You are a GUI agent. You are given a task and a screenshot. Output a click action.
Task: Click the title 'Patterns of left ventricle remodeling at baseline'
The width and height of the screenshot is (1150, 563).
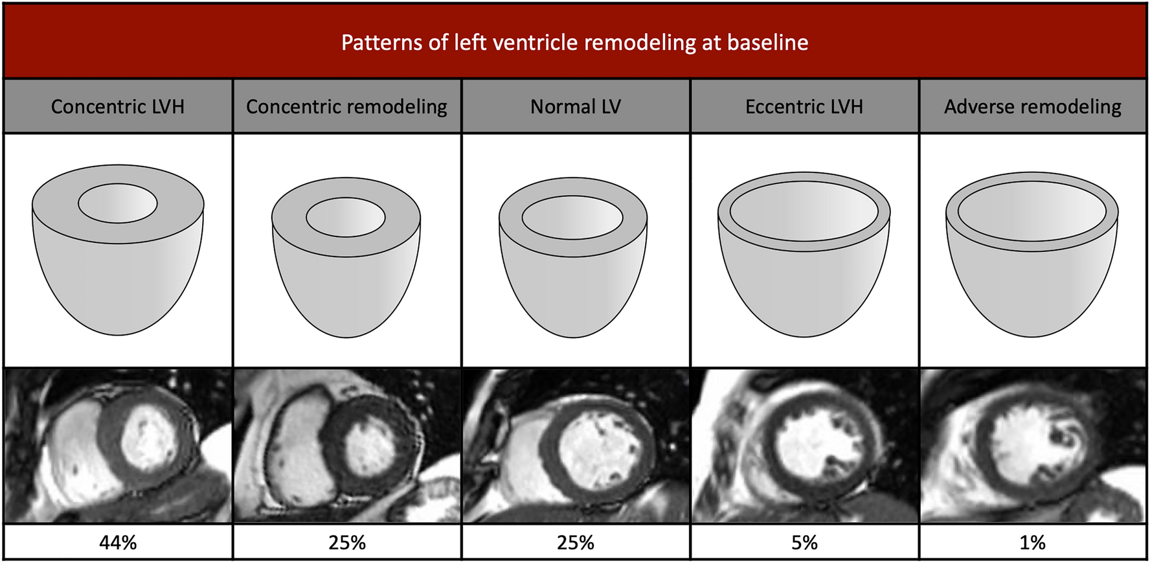[x=574, y=43]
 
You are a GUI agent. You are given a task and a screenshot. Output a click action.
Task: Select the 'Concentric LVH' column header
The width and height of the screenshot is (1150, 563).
[x=118, y=106]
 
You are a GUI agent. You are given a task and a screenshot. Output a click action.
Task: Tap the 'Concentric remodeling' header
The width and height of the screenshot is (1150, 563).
[x=346, y=106]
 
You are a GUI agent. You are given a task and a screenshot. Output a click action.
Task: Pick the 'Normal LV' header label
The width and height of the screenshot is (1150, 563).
[x=575, y=106]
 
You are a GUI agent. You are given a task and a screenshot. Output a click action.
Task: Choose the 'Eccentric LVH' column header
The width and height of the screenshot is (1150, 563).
[x=804, y=106]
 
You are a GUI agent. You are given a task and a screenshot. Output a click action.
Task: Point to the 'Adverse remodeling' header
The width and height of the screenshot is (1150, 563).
[x=1032, y=106]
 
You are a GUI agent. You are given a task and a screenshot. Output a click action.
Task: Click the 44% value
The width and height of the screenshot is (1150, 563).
[x=118, y=542]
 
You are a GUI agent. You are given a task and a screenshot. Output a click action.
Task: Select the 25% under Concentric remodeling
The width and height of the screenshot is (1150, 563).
[x=346, y=542]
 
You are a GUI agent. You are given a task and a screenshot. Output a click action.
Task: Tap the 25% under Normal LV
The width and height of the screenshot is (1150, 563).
[x=575, y=542]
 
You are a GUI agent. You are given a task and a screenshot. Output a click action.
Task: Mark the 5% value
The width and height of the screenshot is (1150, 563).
[x=804, y=542]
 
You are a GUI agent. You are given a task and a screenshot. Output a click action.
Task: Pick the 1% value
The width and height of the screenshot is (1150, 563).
[x=1032, y=542]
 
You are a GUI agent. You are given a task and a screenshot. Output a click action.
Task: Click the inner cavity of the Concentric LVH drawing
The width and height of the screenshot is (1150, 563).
[x=118, y=203]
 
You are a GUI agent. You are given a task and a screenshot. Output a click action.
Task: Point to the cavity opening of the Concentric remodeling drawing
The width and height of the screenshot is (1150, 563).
[x=346, y=217]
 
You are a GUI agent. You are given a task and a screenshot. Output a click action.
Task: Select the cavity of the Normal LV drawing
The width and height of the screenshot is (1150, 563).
[x=572, y=217]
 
